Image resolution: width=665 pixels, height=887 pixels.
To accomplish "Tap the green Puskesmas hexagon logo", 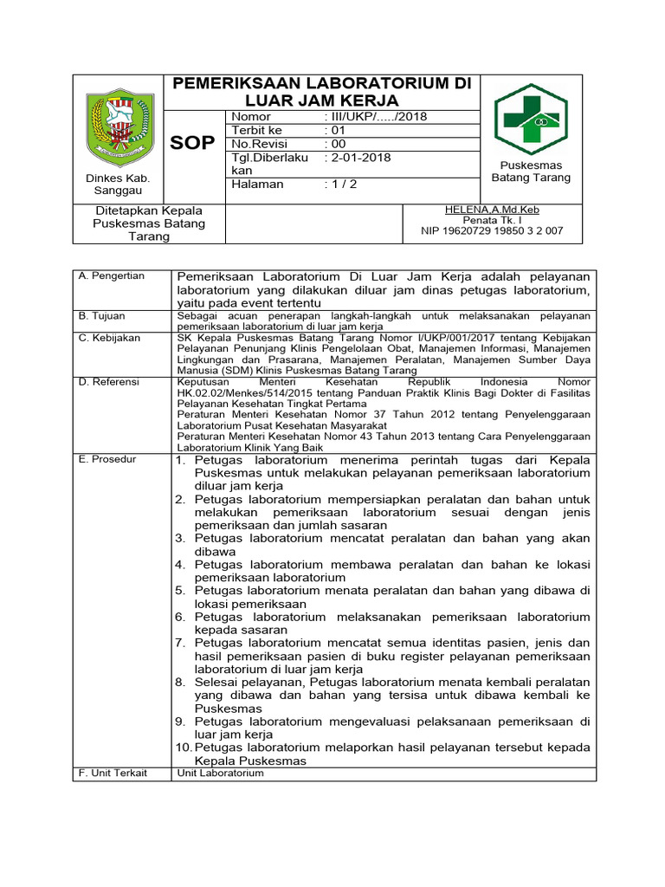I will (x=530, y=120).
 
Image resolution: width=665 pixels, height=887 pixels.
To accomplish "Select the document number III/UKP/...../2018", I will (x=375, y=117).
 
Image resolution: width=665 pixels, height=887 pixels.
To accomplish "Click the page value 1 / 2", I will (x=340, y=185).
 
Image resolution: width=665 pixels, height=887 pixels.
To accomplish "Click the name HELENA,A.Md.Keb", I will (x=491, y=210).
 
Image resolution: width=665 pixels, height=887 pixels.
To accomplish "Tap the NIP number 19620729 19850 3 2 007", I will (x=491, y=231).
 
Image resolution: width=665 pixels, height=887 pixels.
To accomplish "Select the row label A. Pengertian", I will (x=112, y=275).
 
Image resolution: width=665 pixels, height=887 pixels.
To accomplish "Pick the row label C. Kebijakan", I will (x=109, y=338).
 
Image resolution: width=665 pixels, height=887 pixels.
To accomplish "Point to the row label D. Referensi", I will (x=109, y=380).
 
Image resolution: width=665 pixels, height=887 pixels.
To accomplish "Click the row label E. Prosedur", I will (x=107, y=459).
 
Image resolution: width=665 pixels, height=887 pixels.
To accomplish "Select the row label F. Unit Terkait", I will (x=113, y=773).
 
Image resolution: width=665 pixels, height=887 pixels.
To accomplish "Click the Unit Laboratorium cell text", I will (x=220, y=773).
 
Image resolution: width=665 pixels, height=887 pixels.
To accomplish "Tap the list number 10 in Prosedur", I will (x=184, y=748).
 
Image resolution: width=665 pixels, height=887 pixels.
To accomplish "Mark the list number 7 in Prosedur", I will (x=180, y=643).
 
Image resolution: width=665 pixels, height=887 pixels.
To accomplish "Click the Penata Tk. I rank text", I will (x=491, y=221).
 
